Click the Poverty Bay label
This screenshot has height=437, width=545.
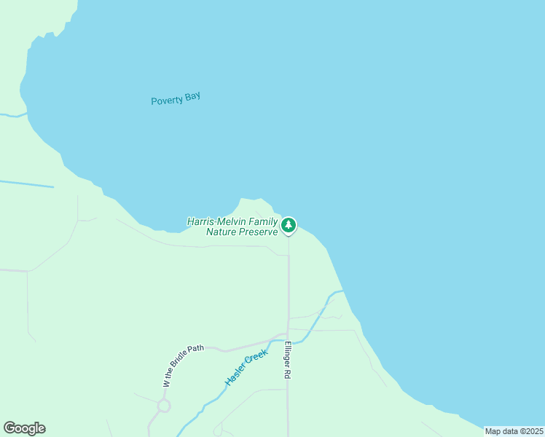click(175, 99)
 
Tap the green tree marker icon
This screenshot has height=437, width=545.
click(289, 226)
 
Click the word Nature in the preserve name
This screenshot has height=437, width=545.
click(221, 232)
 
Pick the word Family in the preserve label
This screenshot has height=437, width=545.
click(264, 221)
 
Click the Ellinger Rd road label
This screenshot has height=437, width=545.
click(288, 360)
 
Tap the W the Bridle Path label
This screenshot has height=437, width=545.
click(183, 365)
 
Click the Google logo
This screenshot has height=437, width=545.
click(24, 428)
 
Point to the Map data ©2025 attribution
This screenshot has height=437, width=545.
click(514, 431)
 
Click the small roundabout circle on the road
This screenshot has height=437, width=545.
click(163, 406)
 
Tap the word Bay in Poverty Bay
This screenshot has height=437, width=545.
click(192, 97)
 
